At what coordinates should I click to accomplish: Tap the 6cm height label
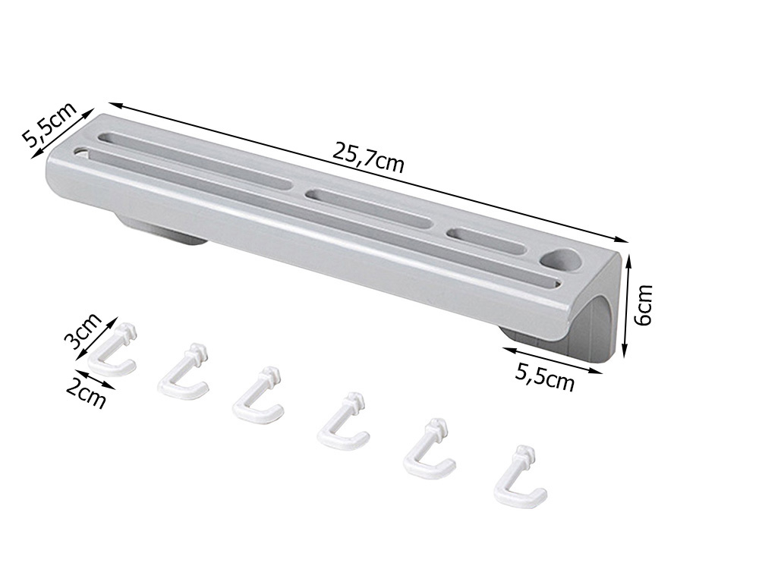click(643, 304)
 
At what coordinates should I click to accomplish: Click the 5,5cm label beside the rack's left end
click(49, 125)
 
